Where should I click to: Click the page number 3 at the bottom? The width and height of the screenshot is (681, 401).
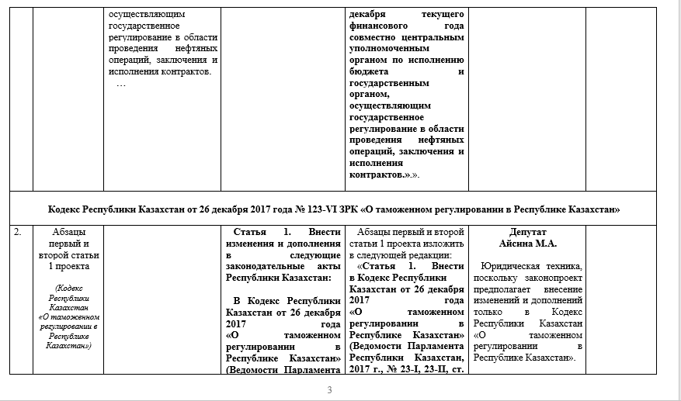329,389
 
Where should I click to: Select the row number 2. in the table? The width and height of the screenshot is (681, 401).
19,232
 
